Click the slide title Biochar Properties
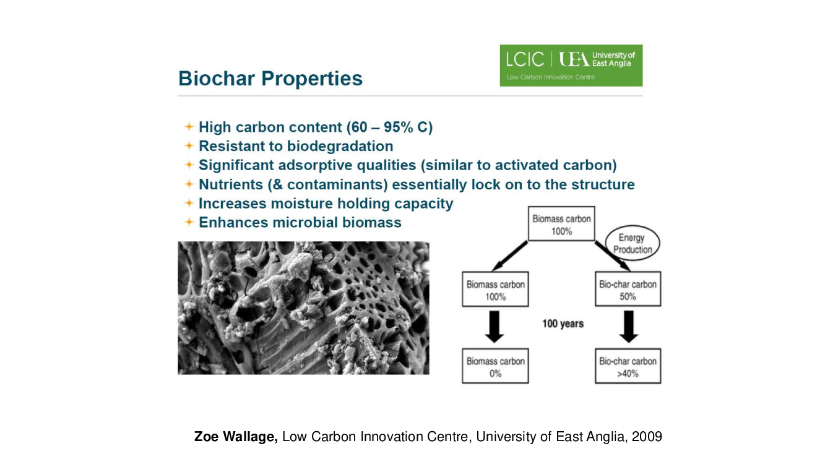click(270, 79)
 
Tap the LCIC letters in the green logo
click(525, 59)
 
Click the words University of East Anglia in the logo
click(613, 59)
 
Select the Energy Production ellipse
click(633, 243)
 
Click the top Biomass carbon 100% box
click(561, 224)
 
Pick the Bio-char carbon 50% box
click(628, 289)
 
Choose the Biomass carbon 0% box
click(495, 366)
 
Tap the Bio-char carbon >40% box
click(628, 366)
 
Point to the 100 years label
click(563, 324)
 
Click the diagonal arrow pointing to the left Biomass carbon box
click(510, 256)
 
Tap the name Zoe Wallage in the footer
click(236, 437)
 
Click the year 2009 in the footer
click(647, 437)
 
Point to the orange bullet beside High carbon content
click(189, 127)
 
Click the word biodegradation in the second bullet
click(340, 147)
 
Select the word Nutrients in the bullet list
click(231, 184)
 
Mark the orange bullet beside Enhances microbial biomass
click(189, 222)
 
